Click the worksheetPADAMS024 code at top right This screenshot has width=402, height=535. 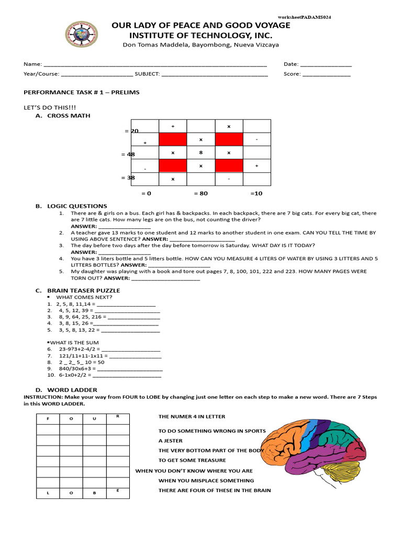point(304,17)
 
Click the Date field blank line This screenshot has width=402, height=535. point(326,65)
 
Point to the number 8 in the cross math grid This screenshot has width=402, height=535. point(200,153)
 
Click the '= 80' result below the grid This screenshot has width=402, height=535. point(201,193)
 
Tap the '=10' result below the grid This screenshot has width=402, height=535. point(256,193)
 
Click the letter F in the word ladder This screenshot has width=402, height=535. point(48,419)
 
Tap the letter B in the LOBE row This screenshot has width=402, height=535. point(94,493)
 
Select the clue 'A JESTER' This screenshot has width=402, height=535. point(171,440)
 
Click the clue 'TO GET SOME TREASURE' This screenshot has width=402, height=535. point(192,460)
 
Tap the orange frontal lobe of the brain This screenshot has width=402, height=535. point(285,439)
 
